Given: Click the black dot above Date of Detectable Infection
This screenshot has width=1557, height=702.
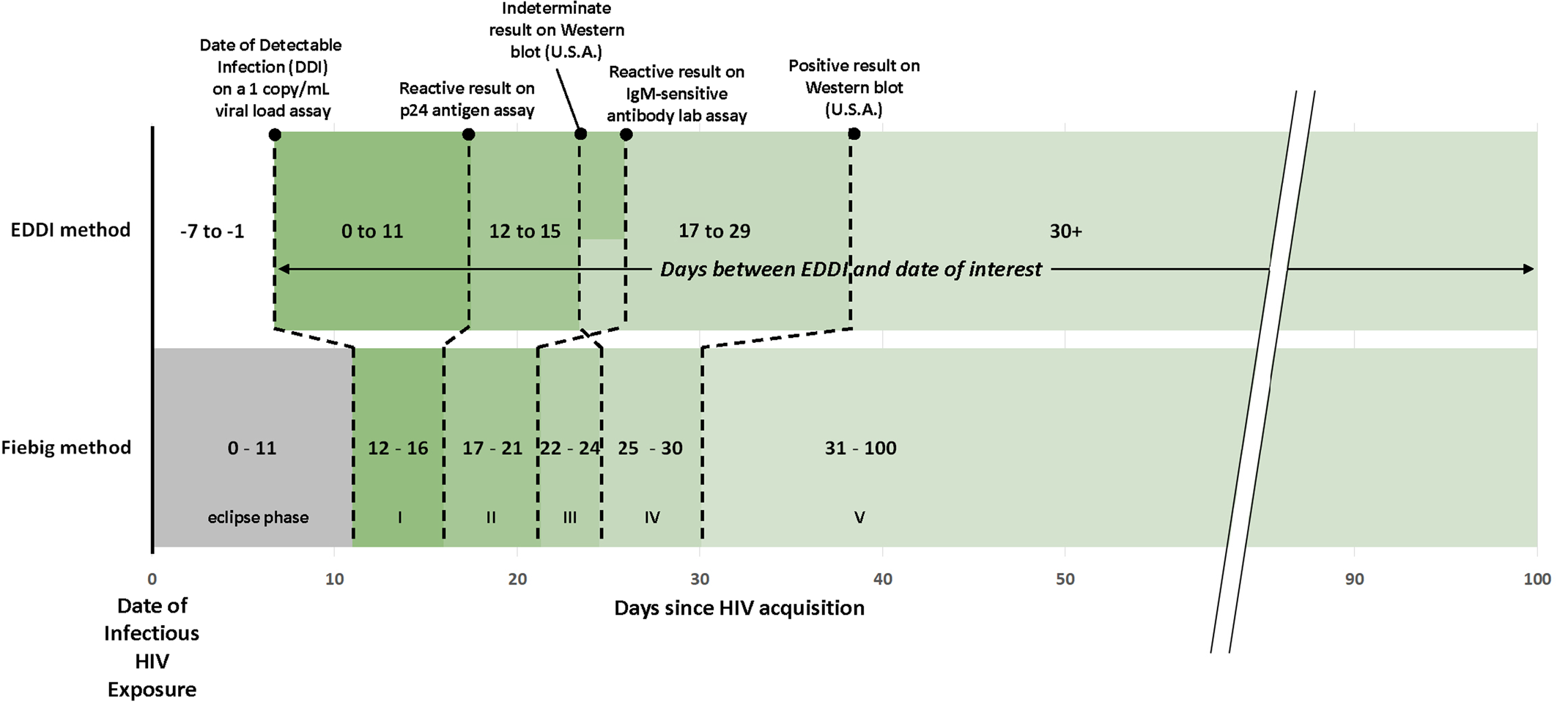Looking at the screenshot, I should (x=275, y=134).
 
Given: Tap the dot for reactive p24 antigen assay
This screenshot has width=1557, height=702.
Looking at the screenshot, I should (x=469, y=134).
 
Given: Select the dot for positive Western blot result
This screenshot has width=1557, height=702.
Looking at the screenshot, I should (x=854, y=134).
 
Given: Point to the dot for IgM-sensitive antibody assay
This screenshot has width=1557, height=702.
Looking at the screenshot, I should (x=626, y=134).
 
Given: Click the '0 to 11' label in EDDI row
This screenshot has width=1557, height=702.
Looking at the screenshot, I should (x=372, y=232).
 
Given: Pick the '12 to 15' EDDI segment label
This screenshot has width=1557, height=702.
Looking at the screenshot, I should (x=525, y=232).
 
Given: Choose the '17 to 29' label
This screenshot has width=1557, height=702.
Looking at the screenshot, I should (x=714, y=232).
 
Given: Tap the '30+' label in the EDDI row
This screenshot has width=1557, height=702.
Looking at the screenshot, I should (x=1065, y=232).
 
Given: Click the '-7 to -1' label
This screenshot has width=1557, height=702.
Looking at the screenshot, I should (x=212, y=232).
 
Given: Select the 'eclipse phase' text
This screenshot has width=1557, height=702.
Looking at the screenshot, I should (x=258, y=517).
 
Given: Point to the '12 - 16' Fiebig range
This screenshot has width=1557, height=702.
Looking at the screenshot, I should (x=398, y=448).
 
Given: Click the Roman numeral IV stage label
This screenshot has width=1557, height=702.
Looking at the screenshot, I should (x=652, y=517).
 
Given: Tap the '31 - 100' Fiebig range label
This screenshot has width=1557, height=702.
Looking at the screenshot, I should (x=860, y=448).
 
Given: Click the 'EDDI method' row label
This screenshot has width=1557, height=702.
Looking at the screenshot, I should (x=70, y=230).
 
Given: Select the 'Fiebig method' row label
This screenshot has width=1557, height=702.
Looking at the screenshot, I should (x=66, y=448).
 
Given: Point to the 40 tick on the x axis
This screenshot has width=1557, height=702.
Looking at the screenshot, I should (x=883, y=579).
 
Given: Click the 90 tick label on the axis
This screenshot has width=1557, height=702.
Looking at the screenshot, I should (x=1354, y=579).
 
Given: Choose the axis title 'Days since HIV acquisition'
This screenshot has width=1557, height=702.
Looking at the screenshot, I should (x=739, y=608).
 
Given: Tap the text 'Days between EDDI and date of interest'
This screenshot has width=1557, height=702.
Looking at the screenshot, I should (x=851, y=270).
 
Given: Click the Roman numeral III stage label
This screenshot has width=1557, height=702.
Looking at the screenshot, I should (x=570, y=517).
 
